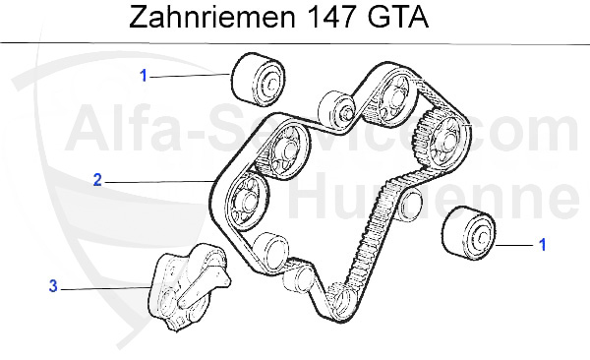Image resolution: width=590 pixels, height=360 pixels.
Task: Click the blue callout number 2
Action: (x=97, y=180)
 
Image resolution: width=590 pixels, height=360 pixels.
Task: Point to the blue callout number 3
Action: (x=53, y=286)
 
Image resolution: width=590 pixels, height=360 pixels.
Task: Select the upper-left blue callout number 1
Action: (x=143, y=75)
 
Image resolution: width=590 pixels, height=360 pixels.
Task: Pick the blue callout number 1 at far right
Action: (x=541, y=241)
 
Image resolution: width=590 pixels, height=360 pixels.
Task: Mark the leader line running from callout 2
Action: (x=157, y=181)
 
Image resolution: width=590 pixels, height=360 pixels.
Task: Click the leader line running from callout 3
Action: (x=108, y=287)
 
